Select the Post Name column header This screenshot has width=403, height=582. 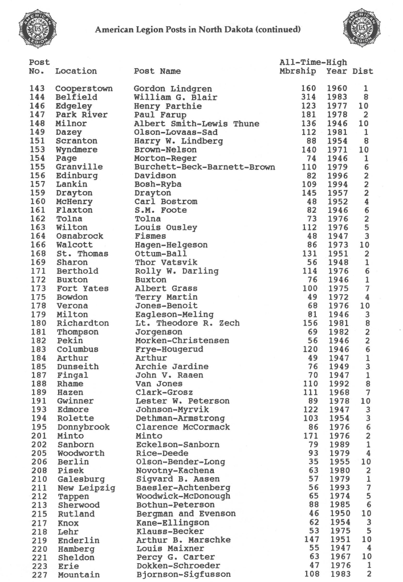157,71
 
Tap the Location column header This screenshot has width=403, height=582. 76,71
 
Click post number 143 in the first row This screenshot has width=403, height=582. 36,89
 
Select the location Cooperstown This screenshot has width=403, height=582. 84,89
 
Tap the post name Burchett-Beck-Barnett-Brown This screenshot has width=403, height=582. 205,167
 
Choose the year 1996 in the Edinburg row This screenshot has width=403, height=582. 337,176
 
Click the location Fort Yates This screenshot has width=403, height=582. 82,289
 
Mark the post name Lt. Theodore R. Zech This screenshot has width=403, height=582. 187,324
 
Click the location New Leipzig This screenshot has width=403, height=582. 86,488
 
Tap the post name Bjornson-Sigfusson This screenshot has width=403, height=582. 184,575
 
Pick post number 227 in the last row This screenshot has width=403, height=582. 36,575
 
